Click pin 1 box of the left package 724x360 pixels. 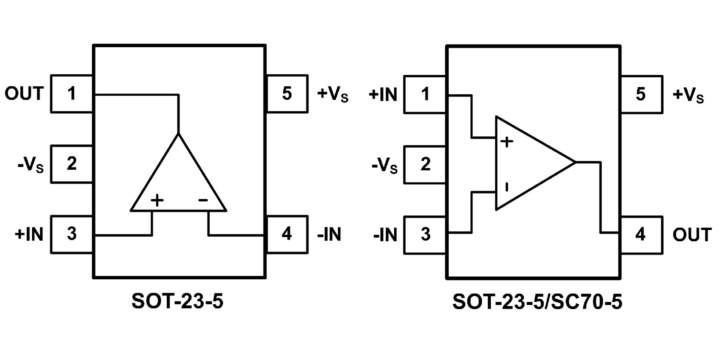[x=72, y=93]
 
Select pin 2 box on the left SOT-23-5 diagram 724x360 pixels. [x=72, y=164]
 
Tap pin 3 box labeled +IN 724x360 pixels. [x=72, y=234]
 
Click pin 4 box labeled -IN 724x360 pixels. [x=287, y=234]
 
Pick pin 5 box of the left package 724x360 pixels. [x=287, y=93]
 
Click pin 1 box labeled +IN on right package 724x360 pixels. [x=425, y=94]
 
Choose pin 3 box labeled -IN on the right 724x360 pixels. [x=425, y=234]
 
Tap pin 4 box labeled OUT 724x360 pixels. [x=641, y=234]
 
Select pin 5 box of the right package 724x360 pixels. [x=641, y=94]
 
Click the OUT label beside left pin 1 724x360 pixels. [x=24, y=93]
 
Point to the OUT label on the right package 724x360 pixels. [x=692, y=234]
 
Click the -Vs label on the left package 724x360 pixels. [x=31, y=165]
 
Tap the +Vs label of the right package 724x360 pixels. [x=688, y=95]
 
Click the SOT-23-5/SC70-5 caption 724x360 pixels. [x=537, y=302]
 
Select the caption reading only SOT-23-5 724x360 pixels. [x=177, y=301]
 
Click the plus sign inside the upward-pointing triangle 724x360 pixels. [x=157, y=200]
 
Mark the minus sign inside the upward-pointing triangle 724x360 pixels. [x=203, y=200]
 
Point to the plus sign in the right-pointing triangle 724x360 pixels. [x=507, y=142]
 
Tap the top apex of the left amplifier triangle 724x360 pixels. [x=178, y=134]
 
